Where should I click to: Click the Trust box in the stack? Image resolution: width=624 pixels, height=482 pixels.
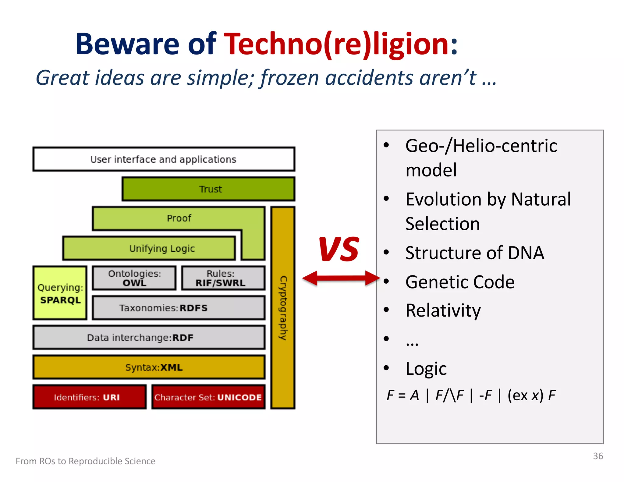[x=208, y=189]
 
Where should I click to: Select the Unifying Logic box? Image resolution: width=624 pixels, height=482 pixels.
[x=149, y=248]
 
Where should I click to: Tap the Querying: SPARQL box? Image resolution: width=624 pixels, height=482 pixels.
[x=60, y=293]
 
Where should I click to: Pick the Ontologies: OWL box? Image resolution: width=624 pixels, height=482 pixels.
[x=134, y=278]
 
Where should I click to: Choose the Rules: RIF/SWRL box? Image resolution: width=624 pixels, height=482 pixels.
[x=223, y=278]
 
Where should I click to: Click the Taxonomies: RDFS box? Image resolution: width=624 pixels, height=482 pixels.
[x=179, y=308]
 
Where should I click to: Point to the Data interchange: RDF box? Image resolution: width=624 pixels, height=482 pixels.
[x=149, y=338]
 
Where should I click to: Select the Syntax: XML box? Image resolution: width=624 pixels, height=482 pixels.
[x=149, y=367]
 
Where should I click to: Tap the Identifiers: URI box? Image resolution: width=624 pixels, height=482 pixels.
[x=89, y=397]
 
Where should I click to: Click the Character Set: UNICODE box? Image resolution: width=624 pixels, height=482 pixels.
[x=208, y=397]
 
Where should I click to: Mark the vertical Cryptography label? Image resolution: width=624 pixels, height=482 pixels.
[x=283, y=308]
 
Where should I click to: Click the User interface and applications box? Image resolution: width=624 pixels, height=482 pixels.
[x=164, y=159]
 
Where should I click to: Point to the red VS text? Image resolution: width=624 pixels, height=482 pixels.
[x=339, y=249]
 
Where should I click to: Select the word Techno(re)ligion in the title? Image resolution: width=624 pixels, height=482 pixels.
[x=341, y=44]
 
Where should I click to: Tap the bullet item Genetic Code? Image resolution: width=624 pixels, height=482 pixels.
[x=459, y=282]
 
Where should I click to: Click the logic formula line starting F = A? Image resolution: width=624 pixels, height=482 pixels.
[x=471, y=395]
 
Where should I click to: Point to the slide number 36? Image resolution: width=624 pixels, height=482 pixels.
[x=598, y=456]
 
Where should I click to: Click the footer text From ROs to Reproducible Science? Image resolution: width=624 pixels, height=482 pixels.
[x=86, y=461]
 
